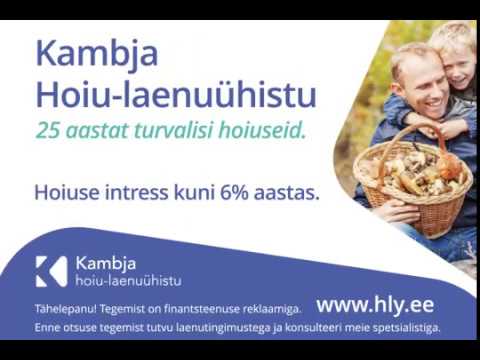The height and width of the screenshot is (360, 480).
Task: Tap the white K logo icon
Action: [50, 271]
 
